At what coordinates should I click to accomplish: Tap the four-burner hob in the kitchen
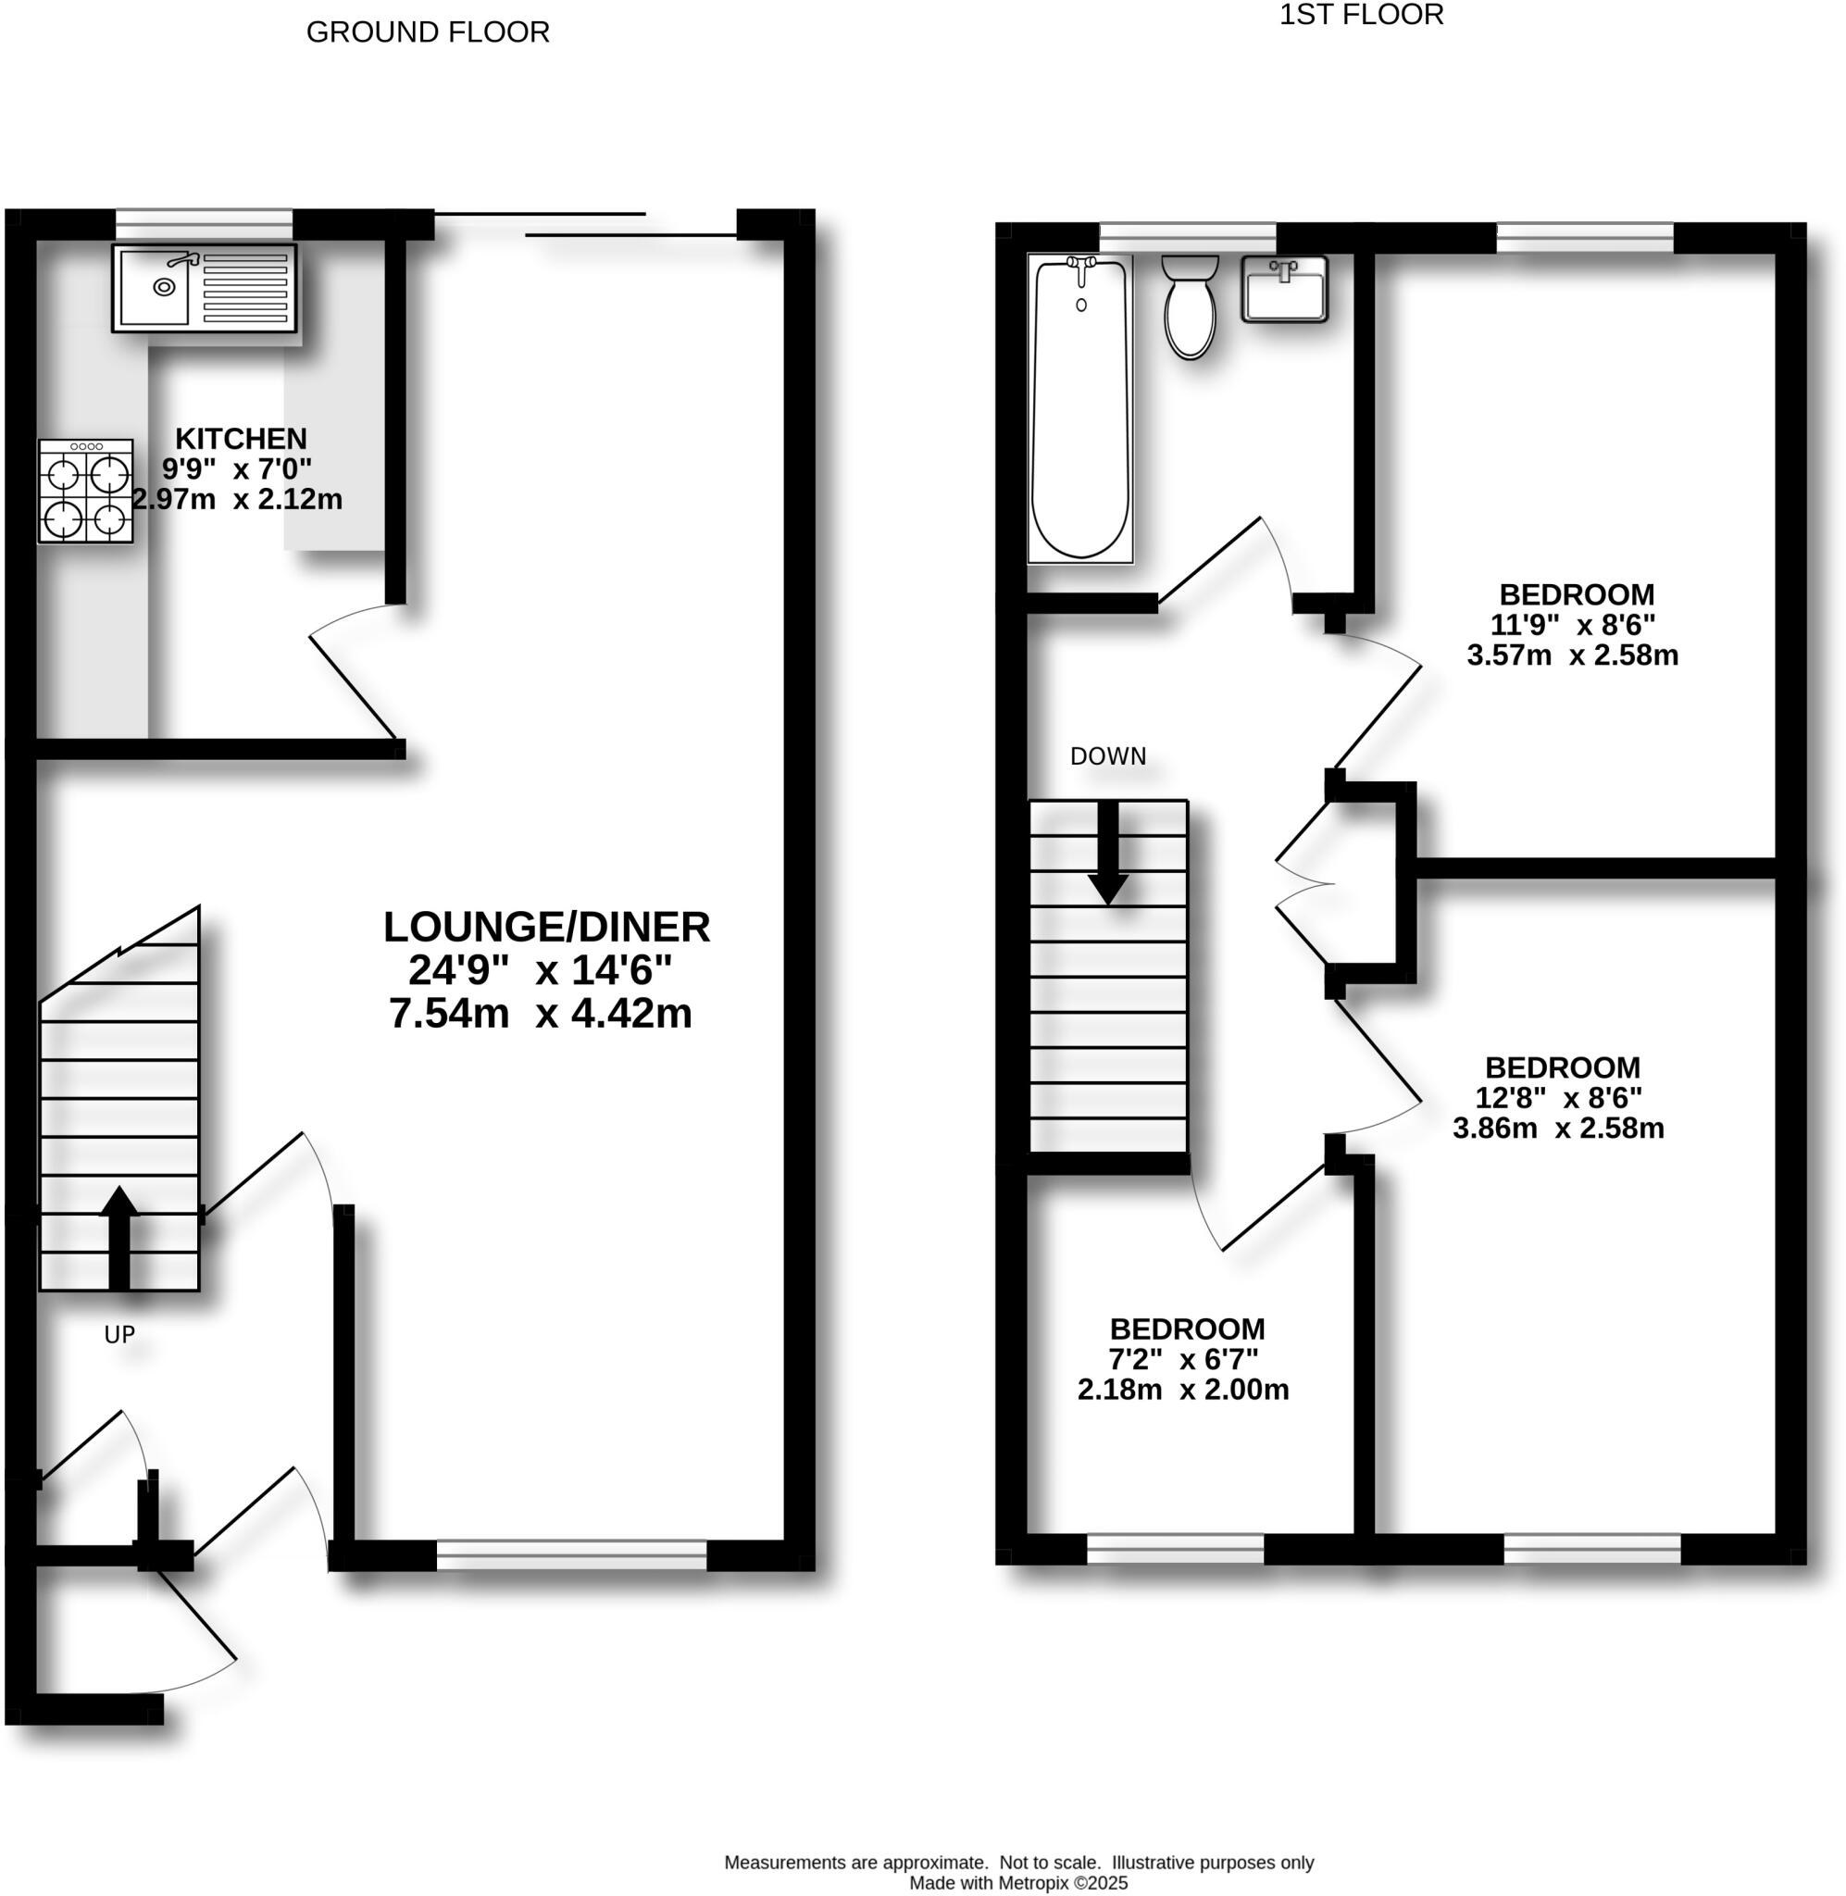point(86,492)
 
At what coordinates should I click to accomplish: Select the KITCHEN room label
point(241,438)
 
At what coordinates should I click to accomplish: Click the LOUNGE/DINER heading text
point(546,928)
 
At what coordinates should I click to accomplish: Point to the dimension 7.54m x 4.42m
point(540,1014)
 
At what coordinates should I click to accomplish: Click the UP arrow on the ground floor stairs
point(119,1237)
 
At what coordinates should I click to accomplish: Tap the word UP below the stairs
point(119,1335)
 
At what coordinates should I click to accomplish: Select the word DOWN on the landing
point(1107,756)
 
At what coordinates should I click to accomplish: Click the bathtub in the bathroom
point(1080,407)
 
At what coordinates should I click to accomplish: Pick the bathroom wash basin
point(1285,288)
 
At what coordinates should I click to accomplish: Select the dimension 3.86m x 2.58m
point(1558,1129)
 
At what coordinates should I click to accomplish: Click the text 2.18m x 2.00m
point(1183,1390)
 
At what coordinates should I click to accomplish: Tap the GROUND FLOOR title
point(428,32)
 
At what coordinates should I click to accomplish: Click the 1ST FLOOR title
point(1361,15)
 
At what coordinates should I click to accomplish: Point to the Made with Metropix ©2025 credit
point(1018,1883)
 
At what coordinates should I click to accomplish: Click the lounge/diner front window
point(572,1554)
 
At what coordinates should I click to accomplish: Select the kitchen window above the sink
point(204,224)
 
